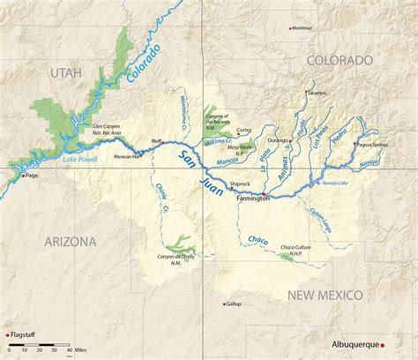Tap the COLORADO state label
340,60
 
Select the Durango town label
279,139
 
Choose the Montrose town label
302,27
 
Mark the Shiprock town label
241,184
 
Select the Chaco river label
258,240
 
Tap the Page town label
33,176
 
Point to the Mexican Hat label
128,155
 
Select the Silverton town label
317,93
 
